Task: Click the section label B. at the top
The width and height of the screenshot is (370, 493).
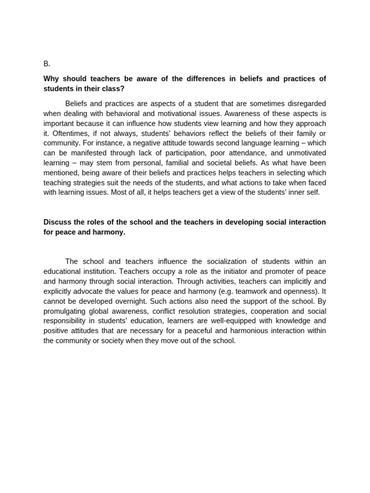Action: click(x=47, y=64)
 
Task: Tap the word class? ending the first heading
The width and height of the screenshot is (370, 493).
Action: click(x=114, y=89)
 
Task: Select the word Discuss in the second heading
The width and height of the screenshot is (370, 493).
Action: click(x=56, y=222)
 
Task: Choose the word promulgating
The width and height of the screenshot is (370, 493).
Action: click(x=65, y=311)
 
